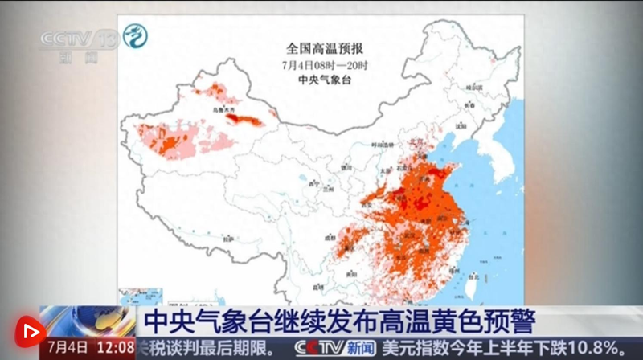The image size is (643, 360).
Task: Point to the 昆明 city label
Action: pyautogui.click(x=320, y=286)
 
